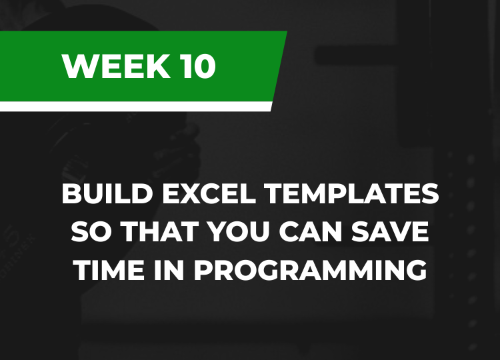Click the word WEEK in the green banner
pyautogui.click(x=116, y=66)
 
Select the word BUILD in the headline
pyautogui.click(x=107, y=193)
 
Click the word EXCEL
pyautogui.click(x=209, y=193)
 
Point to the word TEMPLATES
pyautogui.click(x=352, y=193)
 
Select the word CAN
pyautogui.click(x=310, y=231)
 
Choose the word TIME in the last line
pyautogui.click(x=109, y=270)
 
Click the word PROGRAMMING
pyautogui.click(x=310, y=270)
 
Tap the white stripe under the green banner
pyautogui.click(x=135, y=107)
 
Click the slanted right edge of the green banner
pyautogui.click(x=280, y=66)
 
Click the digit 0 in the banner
pyautogui.click(x=205, y=66)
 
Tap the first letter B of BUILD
pyautogui.click(x=71, y=193)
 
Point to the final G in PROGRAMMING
pyautogui.click(x=417, y=270)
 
